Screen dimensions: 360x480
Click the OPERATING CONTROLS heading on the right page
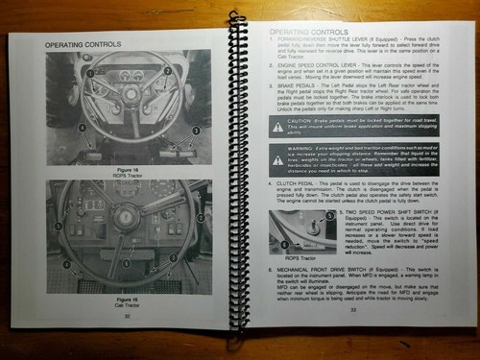pos(302,33)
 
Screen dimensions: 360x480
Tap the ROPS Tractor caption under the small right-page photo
pos(287,257)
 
